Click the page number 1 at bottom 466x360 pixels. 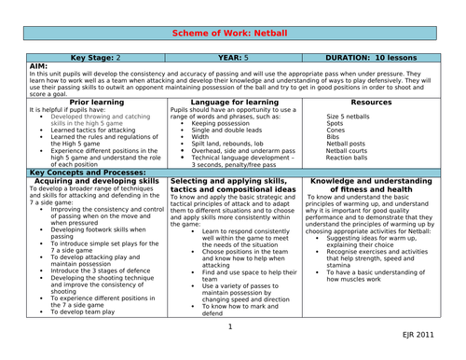(x=229, y=326)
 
